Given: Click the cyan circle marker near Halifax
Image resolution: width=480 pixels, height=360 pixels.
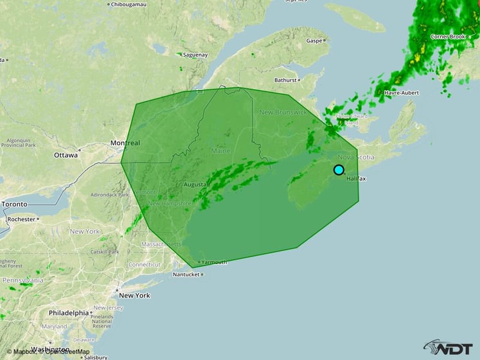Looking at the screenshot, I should pos(339,170).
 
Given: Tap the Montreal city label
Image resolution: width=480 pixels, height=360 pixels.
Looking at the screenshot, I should pos(125,143).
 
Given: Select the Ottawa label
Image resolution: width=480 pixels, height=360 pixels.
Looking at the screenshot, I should pos(66,156).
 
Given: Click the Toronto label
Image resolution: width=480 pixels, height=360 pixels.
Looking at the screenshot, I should pos(14,204).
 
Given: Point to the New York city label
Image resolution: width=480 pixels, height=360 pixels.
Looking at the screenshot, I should pos(134,296).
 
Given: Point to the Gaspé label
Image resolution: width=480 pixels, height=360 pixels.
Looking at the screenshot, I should pos(314,40).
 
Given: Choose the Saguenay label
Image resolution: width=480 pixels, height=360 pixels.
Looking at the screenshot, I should pos(195,55).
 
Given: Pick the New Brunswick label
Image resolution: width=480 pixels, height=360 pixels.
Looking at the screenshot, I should pos(283,113).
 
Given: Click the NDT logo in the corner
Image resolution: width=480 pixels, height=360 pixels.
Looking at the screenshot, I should pos(451,348).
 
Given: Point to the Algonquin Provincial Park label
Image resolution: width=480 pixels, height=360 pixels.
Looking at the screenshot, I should pos(17,142).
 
